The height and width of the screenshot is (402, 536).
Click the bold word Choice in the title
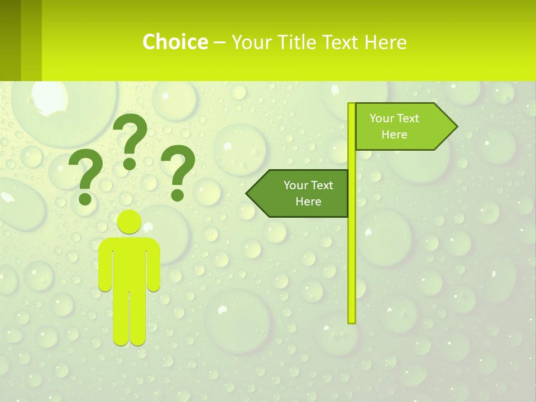tap(175, 42)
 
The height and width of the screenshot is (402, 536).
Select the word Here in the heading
tap(385, 42)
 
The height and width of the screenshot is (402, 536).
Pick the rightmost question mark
tap(178, 171)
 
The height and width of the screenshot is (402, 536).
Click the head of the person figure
tap(130, 222)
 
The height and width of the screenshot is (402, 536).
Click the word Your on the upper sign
tap(382, 118)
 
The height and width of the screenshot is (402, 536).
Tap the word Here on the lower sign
tap(308, 202)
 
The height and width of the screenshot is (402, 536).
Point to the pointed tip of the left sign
tap(247, 194)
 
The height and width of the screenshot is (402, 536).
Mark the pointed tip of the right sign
tap(456, 127)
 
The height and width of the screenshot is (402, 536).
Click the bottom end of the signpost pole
tap(352, 320)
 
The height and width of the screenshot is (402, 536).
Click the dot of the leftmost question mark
tap(85, 198)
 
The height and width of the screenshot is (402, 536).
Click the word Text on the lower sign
tap(322, 185)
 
